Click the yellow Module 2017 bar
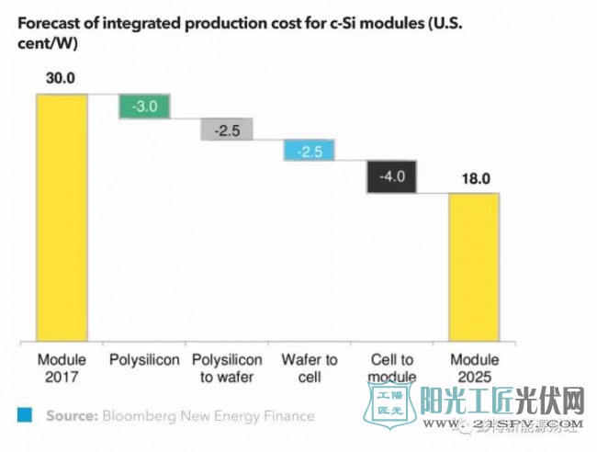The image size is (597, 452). pos(62,215)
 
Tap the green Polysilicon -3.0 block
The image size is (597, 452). pos(144,107)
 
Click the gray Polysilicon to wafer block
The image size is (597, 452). pos(226,130)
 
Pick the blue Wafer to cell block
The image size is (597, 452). pos(309,151)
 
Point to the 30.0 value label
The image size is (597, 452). pos(62,79)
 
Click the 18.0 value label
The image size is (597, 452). pos(473,179)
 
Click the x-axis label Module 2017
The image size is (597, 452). pos(62,367)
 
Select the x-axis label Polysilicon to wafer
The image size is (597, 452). pos(226,367)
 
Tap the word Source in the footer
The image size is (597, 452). pos(72,416)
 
